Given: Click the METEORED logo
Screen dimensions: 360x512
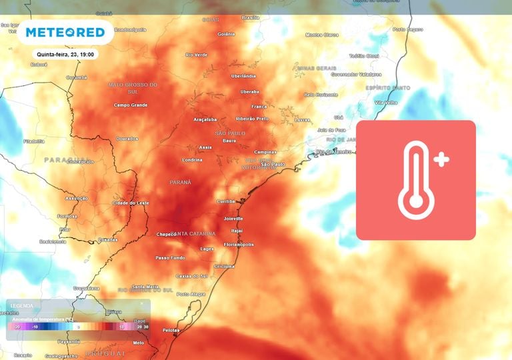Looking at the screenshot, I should [x=65, y=33].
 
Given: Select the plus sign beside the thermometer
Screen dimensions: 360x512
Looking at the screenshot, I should [x=441, y=159].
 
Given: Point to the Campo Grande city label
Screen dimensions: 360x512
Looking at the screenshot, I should [x=130, y=105].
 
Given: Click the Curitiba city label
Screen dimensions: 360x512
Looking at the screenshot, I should [x=227, y=201].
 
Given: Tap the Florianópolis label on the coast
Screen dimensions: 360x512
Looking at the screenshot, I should [x=239, y=245].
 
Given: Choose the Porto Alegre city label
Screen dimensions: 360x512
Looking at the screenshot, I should [x=191, y=294].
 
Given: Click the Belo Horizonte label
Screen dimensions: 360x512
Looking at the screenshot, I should [x=322, y=95].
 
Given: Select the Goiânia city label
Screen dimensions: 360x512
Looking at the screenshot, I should [x=227, y=34].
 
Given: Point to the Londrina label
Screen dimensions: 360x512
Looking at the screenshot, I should [x=192, y=160].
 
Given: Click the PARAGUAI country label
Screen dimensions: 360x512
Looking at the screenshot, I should [x=66, y=160].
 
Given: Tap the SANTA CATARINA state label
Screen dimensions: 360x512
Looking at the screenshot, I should [x=195, y=234].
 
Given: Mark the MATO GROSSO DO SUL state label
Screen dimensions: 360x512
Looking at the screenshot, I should [x=133, y=87].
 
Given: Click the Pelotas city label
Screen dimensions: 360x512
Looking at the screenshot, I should [x=171, y=330].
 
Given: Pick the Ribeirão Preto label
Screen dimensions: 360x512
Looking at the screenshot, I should [x=253, y=119].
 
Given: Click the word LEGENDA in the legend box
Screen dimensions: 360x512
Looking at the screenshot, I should [x=22, y=306].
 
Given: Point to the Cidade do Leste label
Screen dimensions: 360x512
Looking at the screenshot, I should [x=131, y=203].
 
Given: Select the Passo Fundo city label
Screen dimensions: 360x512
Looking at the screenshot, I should [x=171, y=257].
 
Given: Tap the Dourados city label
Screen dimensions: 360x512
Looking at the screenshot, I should [x=127, y=139].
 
